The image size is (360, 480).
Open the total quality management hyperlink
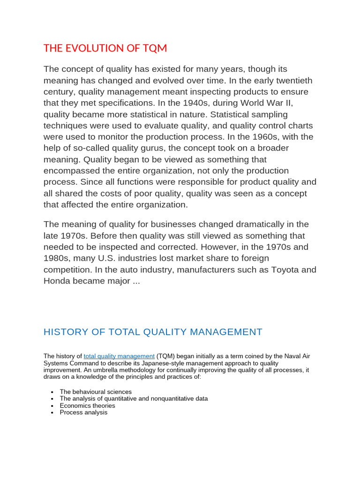[x=119, y=356]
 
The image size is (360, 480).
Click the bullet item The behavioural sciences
[x=96, y=391]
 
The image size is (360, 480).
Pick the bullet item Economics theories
[x=87, y=405]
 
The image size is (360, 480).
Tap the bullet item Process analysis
[x=83, y=412]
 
